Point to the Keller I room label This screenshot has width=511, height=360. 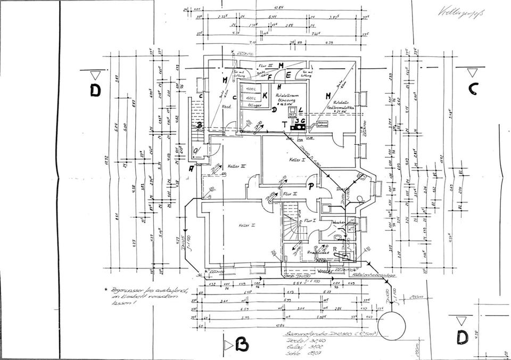tap(296, 160)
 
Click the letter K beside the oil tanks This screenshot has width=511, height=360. tap(265, 94)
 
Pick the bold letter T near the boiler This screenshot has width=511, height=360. tap(285, 124)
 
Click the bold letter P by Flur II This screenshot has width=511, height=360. tap(311, 186)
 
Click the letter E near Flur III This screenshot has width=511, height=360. tap(288, 76)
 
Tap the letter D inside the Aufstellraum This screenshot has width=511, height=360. tap(274, 110)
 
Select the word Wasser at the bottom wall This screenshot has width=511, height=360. tap(325, 271)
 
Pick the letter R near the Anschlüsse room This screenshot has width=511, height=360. tap(335, 249)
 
